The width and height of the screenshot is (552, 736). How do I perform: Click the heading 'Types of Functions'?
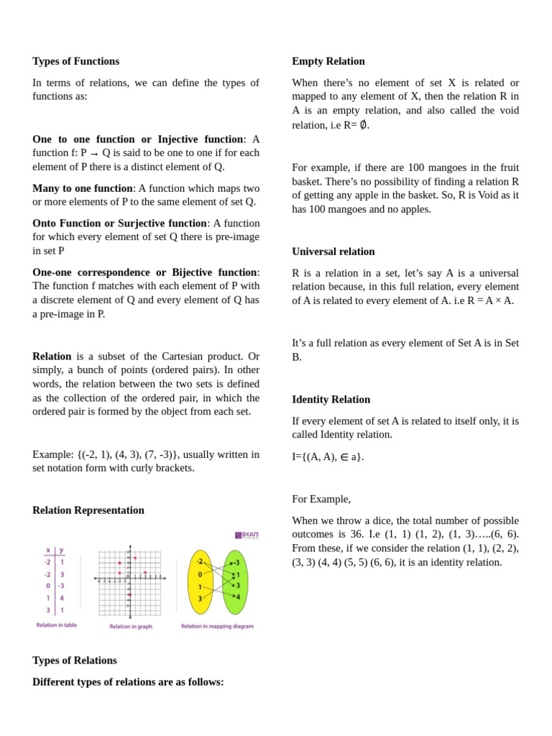(75, 61)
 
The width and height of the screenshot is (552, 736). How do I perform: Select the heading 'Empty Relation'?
(328, 61)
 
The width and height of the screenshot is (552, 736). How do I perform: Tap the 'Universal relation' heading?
(333, 252)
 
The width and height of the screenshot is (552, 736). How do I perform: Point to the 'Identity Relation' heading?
(331, 400)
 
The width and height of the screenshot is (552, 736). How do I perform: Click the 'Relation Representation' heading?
(88, 510)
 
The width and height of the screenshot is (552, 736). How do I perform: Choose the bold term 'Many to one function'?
(83, 188)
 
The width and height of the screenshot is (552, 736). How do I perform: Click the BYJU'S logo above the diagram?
(247, 535)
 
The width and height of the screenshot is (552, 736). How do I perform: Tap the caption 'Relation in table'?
(57, 625)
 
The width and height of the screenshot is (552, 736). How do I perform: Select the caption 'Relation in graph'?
(130, 627)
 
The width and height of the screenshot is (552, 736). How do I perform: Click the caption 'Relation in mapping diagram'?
(217, 626)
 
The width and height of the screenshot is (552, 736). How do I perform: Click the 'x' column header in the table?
(48, 551)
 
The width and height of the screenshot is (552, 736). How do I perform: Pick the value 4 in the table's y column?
(62, 598)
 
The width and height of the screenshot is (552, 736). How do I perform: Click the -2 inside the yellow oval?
(199, 561)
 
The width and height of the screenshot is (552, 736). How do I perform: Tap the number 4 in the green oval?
(238, 597)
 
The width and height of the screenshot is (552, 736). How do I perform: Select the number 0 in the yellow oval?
(200, 574)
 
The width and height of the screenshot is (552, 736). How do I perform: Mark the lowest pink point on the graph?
(129, 595)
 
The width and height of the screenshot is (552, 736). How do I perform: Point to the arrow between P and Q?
(94, 154)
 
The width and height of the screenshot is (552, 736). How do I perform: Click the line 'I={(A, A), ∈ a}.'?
(328, 456)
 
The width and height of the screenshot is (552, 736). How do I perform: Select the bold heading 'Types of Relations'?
(74, 661)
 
